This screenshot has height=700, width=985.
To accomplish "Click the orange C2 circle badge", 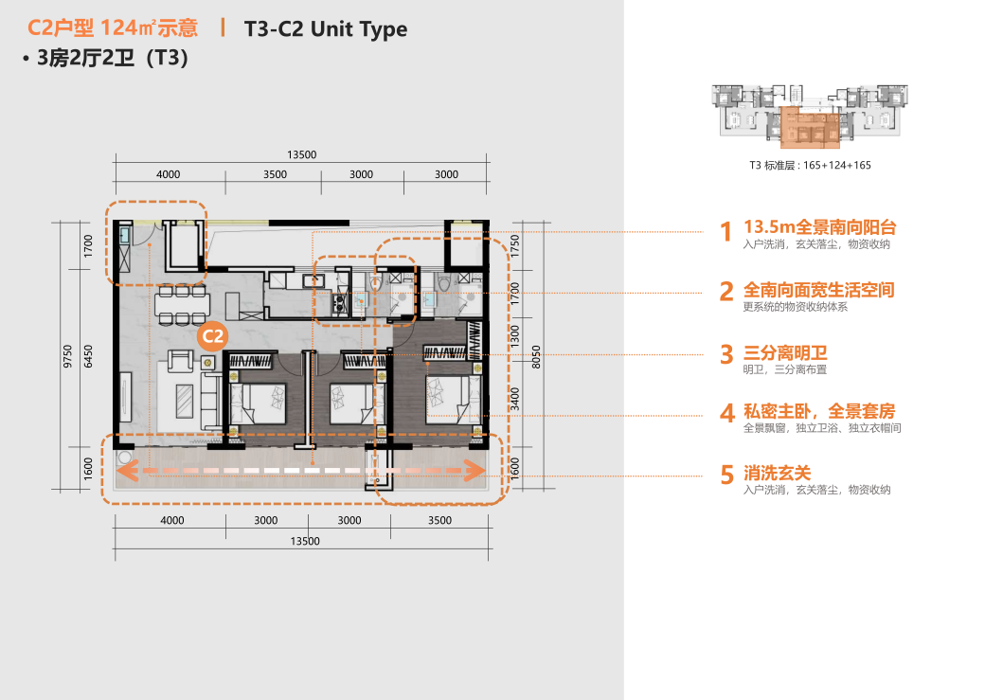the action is tap(212, 337).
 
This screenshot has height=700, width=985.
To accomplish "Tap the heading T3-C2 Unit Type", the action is tap(326, 29).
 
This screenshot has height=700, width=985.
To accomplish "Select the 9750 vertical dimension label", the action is tap(67, 356).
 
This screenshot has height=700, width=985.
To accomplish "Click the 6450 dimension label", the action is tap(88, 356).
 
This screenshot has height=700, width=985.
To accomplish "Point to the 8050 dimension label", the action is tap(536, 357).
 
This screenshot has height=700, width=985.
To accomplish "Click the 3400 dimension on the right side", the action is tap(515, 399).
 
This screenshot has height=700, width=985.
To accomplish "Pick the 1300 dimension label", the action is tap(515, 335).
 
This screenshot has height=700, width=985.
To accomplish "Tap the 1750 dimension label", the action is tap(515, 245).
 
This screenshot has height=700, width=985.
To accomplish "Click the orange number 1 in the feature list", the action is tap(726, 232).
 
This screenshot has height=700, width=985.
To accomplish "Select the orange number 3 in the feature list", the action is tap(726, 354).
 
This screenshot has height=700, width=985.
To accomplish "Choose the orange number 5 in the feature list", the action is tap(726, 476).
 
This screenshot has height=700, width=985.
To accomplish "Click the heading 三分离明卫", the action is tap(785, 352).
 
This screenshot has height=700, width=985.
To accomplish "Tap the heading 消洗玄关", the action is tap(777, 473).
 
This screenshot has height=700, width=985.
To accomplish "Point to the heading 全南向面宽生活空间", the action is tap(818, 290).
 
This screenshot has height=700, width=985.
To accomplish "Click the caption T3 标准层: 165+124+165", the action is tap(810, 165).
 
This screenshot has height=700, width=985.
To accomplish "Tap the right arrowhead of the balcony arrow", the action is tap(475, 470).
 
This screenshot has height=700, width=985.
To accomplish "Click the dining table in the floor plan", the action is tap(182, 305).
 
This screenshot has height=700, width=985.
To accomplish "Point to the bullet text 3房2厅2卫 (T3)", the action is tap(105, 58).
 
